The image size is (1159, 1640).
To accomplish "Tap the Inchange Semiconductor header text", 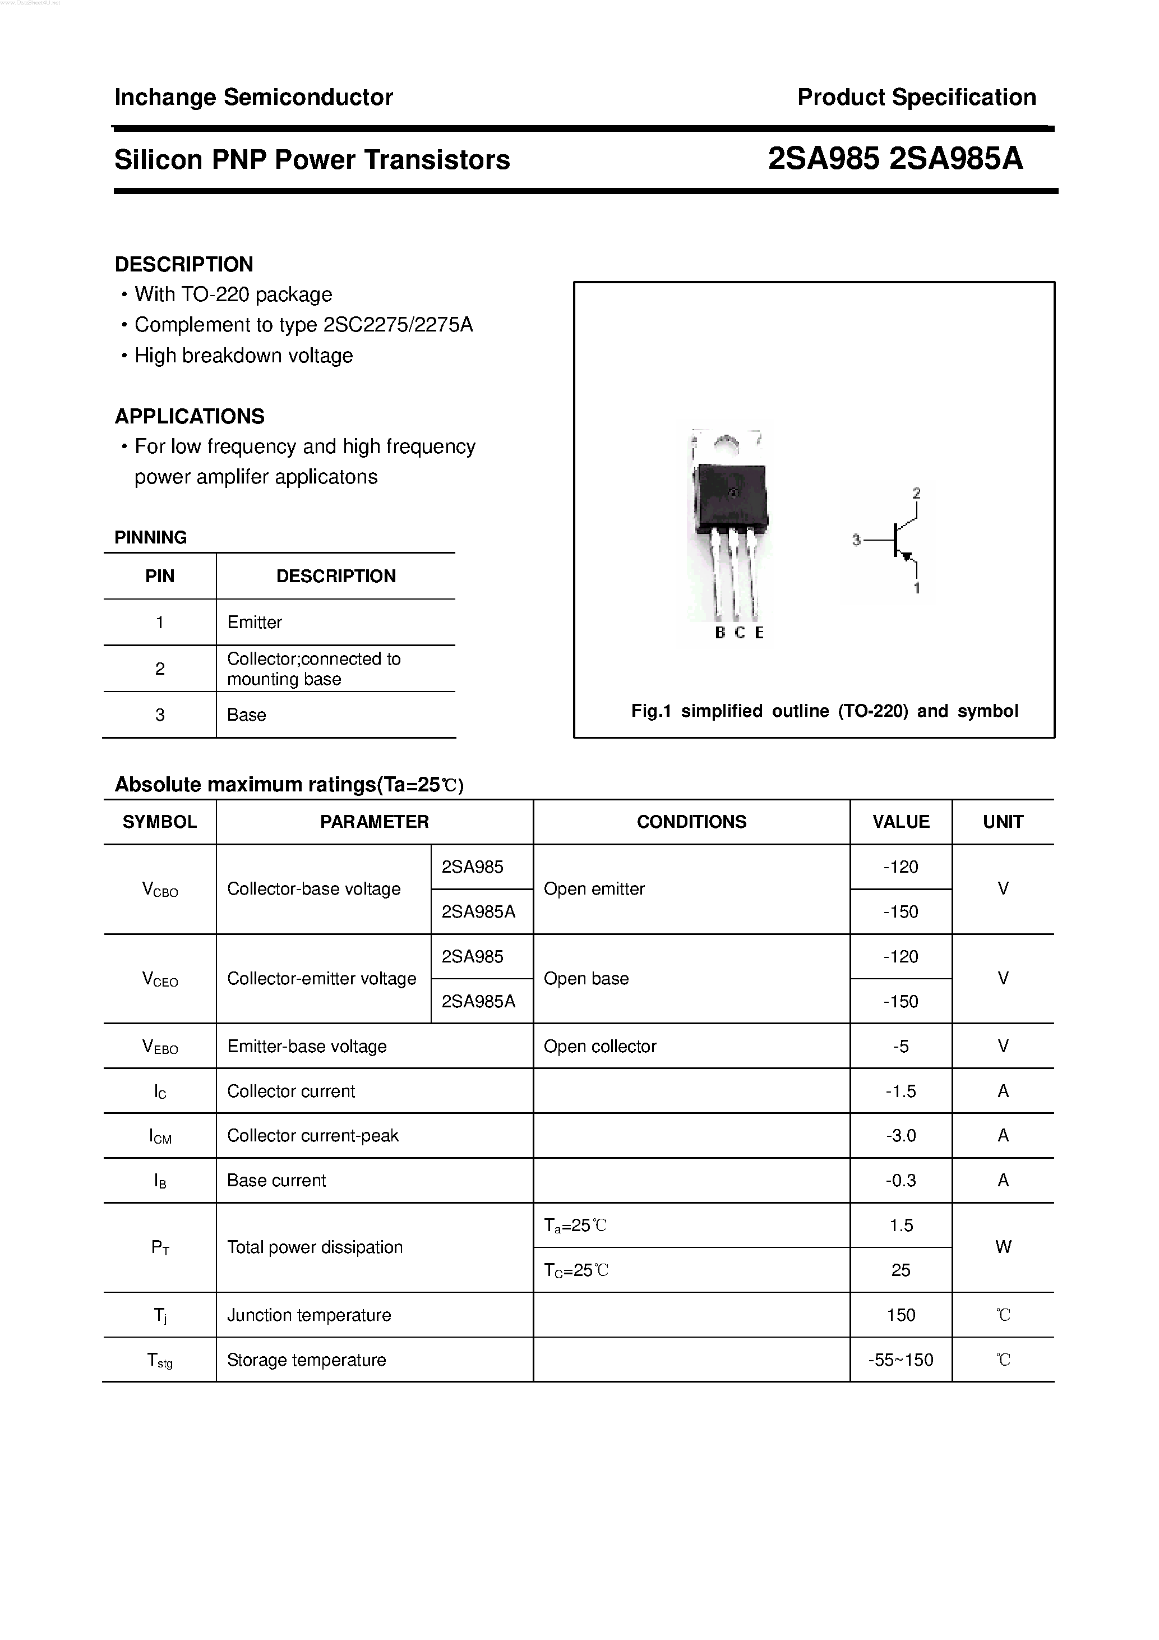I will click(253, 97).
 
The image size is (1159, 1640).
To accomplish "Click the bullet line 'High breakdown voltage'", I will click(243, 356).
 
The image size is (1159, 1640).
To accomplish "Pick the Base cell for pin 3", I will click(246, 715).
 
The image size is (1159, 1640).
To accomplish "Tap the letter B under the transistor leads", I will click(720, 633).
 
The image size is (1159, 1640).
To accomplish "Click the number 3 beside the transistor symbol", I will click(856, 541).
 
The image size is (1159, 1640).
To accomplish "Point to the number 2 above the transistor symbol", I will click(916, 493).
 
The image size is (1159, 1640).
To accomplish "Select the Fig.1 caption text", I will click(824, 711).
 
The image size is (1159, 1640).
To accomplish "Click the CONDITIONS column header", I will click(691, 822).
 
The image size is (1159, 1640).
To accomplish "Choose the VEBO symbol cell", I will click(160, 1047).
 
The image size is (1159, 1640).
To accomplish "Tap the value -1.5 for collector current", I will click(901, 1091).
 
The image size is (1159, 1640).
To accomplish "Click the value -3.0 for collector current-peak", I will click(901, 1136).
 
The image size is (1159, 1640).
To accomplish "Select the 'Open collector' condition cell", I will click(599, 1047).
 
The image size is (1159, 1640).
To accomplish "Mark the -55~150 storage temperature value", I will click(901, 1360).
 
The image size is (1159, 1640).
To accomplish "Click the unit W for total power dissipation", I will click(1003, 1247).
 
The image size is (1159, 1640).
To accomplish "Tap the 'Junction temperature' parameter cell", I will click(308, 1315).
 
